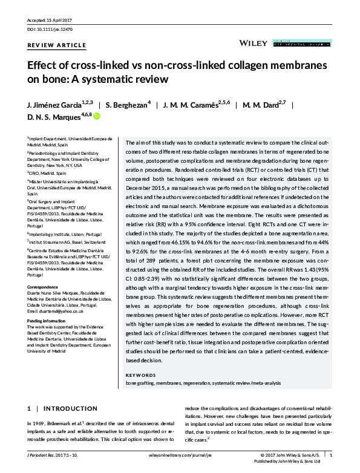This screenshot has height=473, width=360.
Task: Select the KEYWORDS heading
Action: [x=140, y=375]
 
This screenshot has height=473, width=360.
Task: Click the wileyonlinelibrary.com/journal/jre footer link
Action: [x=180, y=455]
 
